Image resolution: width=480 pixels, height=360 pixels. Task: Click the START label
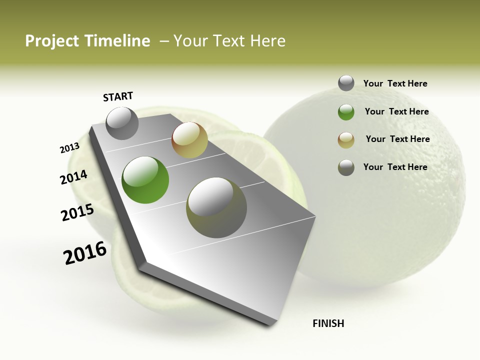[x=118, y=96]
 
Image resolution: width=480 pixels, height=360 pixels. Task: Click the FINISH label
[x=328, y=323]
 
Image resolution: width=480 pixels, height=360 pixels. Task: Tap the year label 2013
[x=70, y=148]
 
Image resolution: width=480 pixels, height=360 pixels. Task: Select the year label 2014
[x=74, y=177]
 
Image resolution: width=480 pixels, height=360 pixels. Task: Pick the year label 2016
[x=85, y=253]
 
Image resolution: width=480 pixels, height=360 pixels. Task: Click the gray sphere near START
[x=122, y=123]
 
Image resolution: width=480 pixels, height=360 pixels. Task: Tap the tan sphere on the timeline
[x=189, y=140]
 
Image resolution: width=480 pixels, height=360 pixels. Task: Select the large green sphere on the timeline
[x=145, y=180]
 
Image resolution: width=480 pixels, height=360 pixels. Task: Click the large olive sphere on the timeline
[x=216, y=207]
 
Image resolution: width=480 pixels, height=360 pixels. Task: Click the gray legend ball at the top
[x=346, y=83]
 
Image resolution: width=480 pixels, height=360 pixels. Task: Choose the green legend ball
[x=346, y=112]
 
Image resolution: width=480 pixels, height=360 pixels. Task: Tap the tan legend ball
[x=346, y=140]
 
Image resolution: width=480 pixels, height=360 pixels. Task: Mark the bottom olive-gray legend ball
[x=346, y=167]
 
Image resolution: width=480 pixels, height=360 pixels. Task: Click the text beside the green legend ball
[x=396, y=111]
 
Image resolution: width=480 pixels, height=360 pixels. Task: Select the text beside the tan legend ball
[x=397, y=139]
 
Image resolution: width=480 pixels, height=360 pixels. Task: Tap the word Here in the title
[x=267, y=41]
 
